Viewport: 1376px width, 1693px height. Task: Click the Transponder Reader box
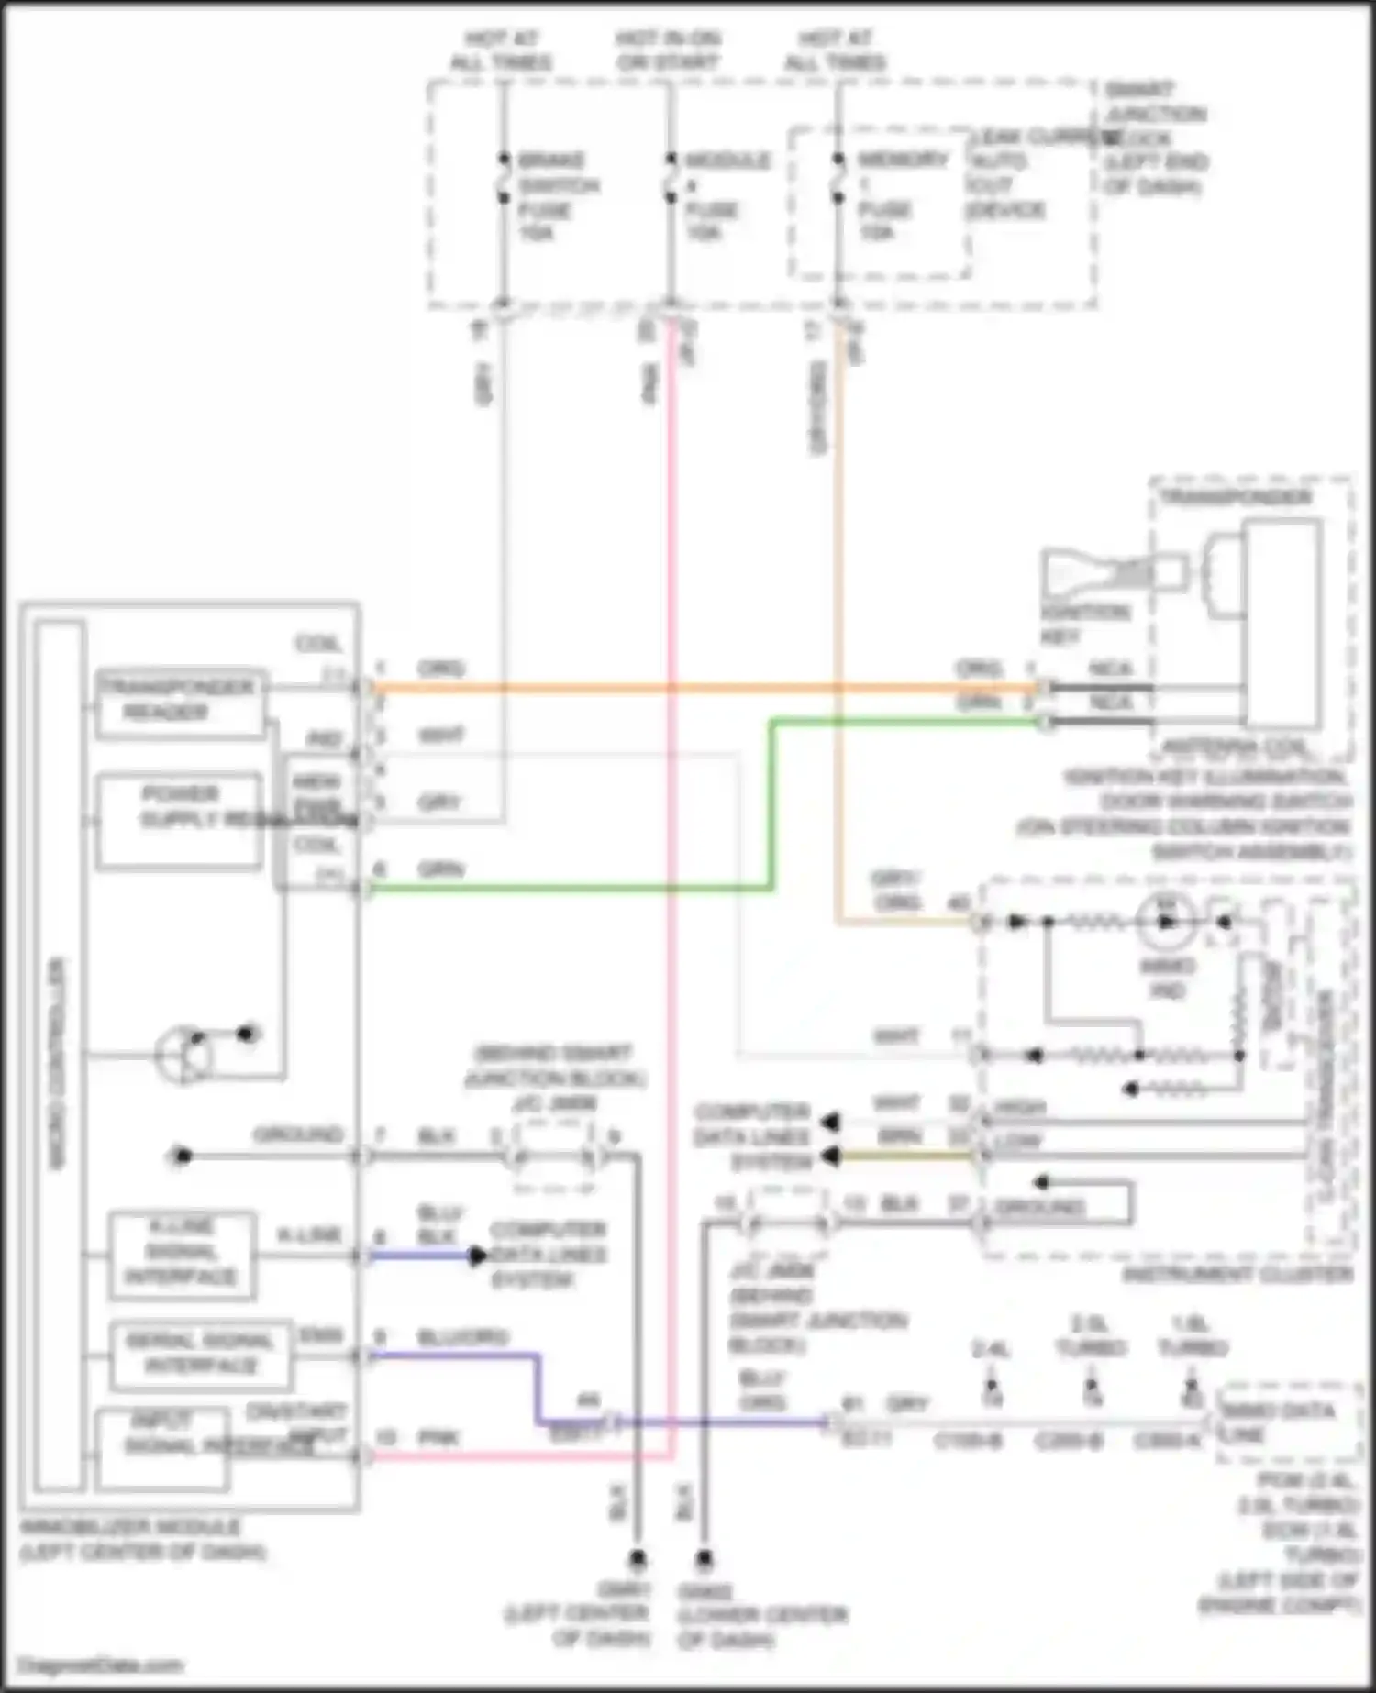click(x=180, y=703)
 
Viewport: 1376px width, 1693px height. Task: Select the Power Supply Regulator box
click(x=180, y=819)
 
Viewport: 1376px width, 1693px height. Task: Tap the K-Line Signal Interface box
click(x=181, y=1254)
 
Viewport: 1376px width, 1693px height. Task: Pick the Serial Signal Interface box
click(x=200, y=1355)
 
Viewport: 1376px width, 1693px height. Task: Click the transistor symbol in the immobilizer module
click(x=183, y=1056)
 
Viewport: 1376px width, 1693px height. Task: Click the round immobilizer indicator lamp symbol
click(x=1166, y=922)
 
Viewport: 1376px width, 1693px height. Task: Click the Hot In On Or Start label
click(x=668, y=50)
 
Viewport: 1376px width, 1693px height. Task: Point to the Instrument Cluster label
click(x=1237, y=1274)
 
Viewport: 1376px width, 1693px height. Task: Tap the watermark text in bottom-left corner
click(x=101, y=1665)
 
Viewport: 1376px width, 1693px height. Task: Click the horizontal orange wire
click(x=697, y=687)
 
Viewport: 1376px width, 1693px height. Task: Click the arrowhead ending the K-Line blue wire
click(x=477, y=1256)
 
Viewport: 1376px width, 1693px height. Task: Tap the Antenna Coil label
click(x=1233, y=748)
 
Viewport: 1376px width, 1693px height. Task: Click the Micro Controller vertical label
click(x=58, y=1064)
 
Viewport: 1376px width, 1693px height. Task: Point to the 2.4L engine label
click(x=991, y=1350)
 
